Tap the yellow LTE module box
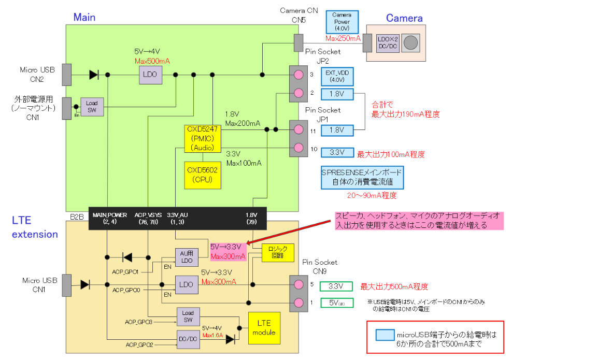[x=264, y=328]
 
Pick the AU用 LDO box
[x=186, y=257]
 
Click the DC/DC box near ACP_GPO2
[x=188, y=338]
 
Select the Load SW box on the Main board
[x=92, y=107]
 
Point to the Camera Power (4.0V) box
[x=342, y=22]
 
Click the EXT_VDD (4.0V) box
[x=337, y=76]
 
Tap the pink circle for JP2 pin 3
[x=298, y=75]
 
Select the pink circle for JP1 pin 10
[x=298, y=148]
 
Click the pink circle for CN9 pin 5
[x=298, y=284]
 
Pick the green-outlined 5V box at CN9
[x=336, y=303]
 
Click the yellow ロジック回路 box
[x=278, y=252]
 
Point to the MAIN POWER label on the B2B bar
[x=109, y=214]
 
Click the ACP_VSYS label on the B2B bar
[x=148, y=214]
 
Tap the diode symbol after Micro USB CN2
[x=94, y=75]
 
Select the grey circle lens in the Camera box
[x=411, y=42]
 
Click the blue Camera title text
[x=404, y=18]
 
